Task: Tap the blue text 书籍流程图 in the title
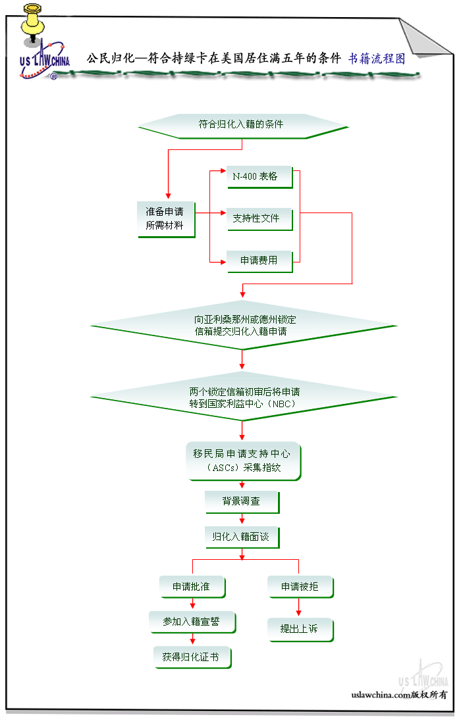(x=377, y=58)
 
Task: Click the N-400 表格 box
(x=259, y=176)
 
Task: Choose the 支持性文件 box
(x=259, y=218)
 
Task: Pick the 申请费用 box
(x=259, y=261)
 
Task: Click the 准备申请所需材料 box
(x=165, y=219)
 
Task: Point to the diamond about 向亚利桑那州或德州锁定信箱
(x=241, y=325)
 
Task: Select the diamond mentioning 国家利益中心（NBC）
(x=241, y=397)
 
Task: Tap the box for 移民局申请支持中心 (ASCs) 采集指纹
(x=243, y=460)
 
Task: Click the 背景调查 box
(x=241, y=501)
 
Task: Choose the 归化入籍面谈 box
(x=241, y=537)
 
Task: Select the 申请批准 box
(x=192, y=587)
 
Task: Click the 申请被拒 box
(x=300, y=587)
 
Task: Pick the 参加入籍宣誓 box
(x=192, y=621)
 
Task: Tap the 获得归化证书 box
(x=192, y=657)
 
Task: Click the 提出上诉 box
(x=300, y=629)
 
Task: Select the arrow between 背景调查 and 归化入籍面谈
(x=242, y=519)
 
